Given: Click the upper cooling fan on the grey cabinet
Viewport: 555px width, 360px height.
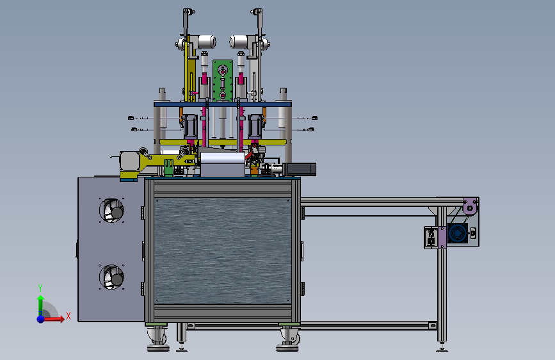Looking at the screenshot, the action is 111,211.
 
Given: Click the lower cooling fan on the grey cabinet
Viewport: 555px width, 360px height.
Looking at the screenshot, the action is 111,277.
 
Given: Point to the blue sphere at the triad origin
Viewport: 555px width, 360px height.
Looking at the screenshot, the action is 41,319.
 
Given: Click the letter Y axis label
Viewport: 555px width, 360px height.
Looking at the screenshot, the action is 40,288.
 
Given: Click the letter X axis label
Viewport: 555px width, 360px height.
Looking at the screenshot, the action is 68,316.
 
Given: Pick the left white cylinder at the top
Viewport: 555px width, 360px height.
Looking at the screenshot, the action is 206,42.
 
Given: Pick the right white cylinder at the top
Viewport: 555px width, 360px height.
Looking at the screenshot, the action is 239,42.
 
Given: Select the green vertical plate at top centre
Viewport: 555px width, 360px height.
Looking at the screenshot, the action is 223,81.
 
